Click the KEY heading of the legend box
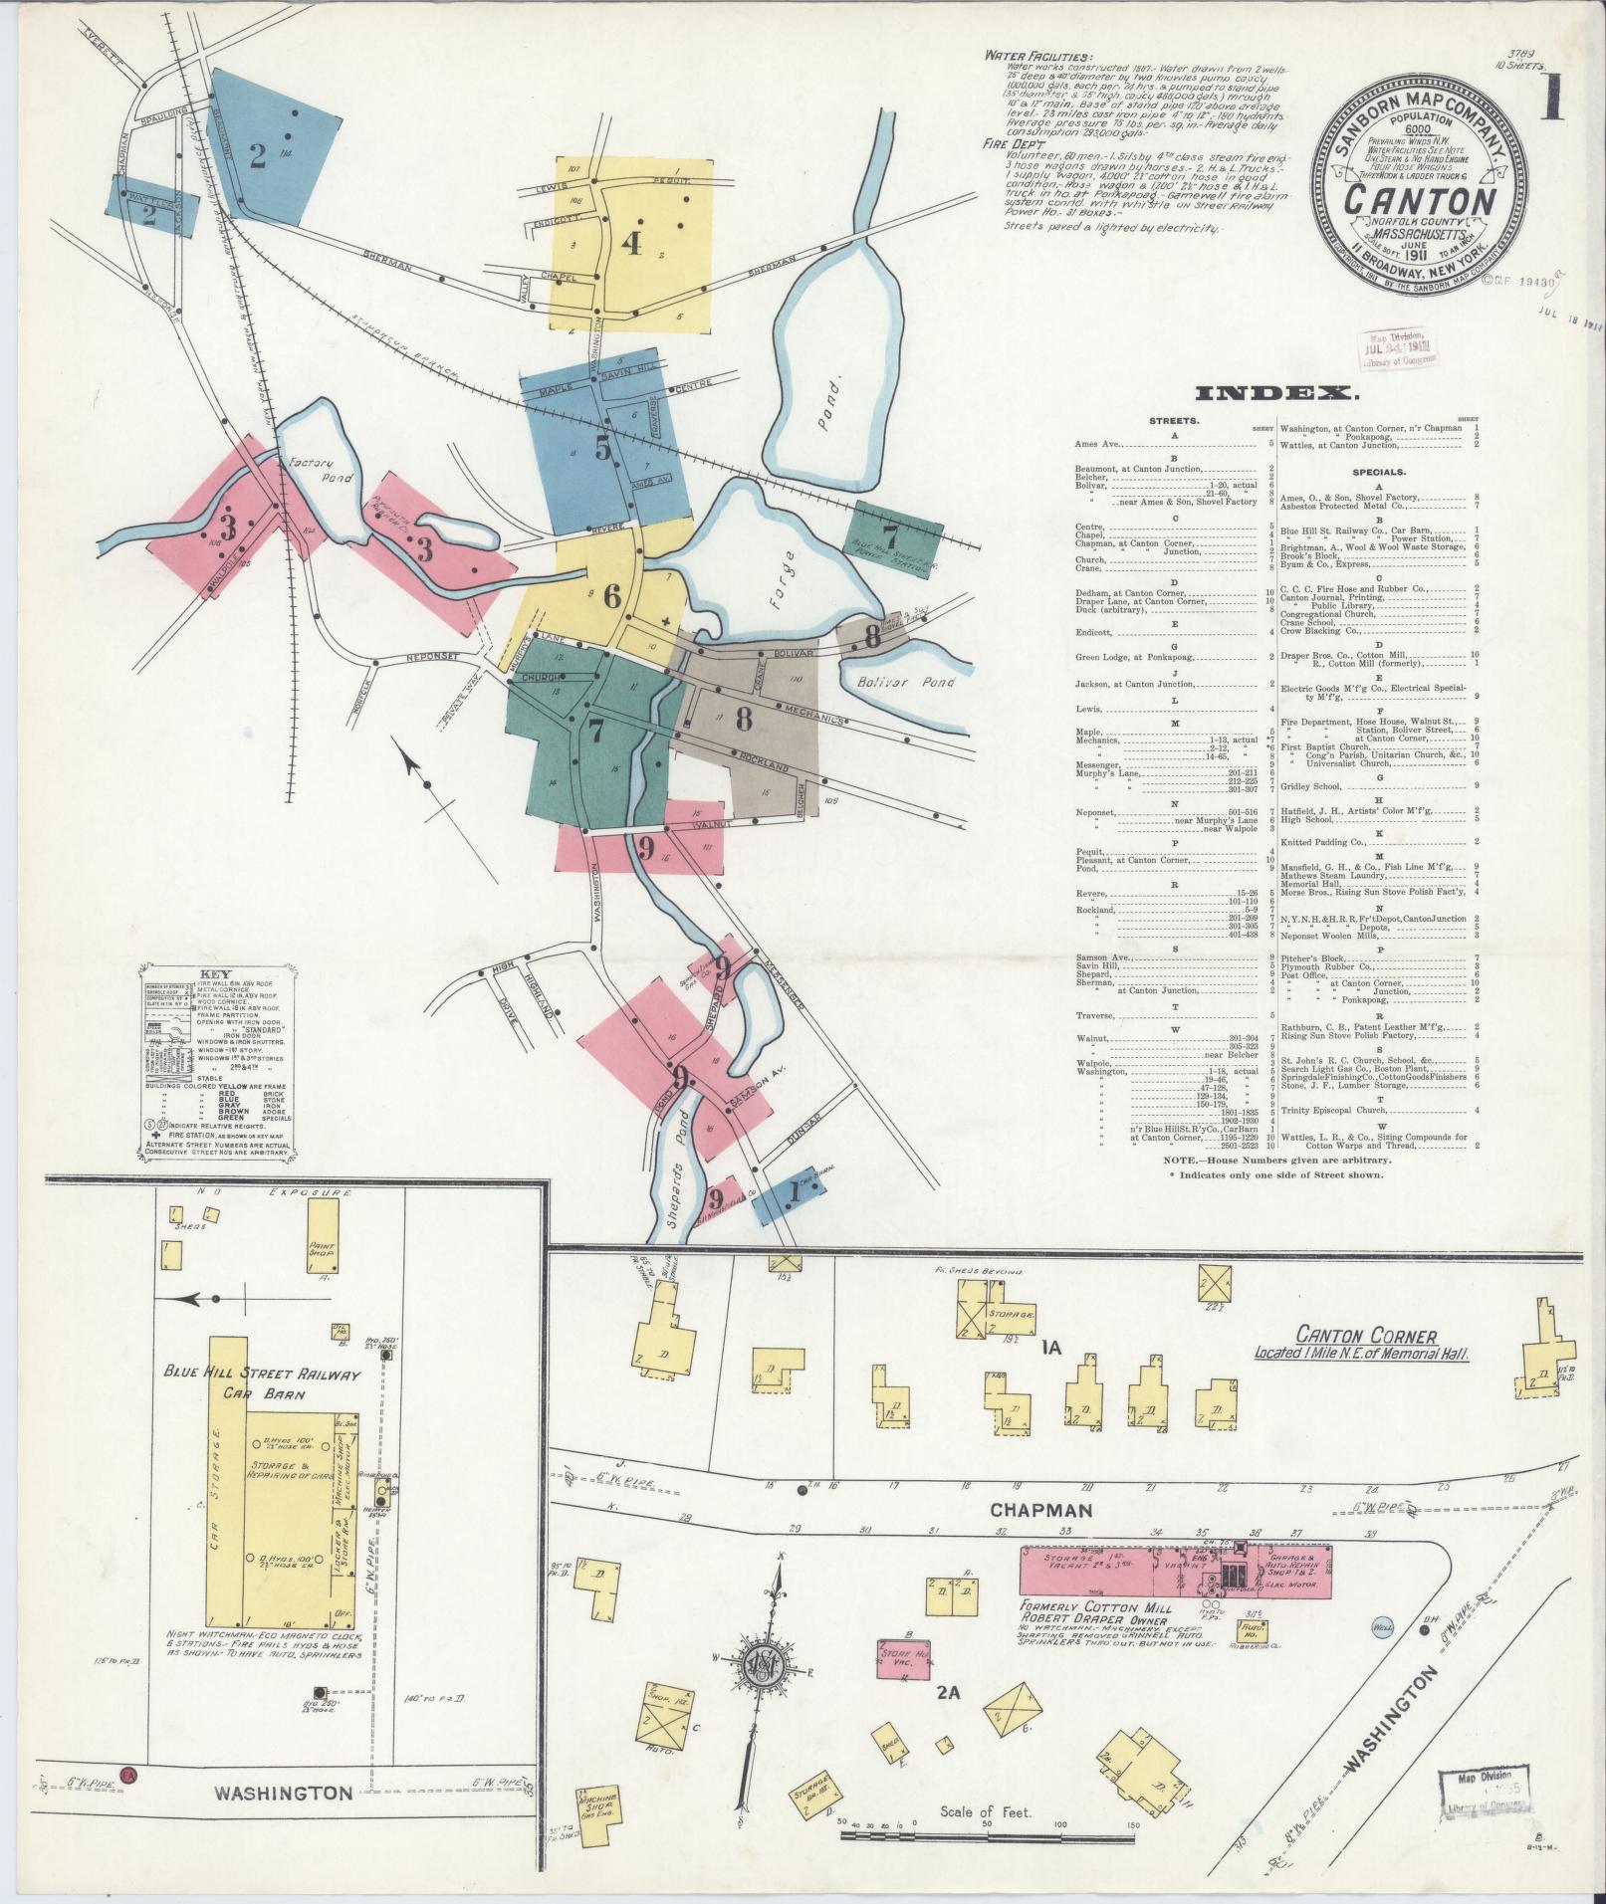tap(215, 975)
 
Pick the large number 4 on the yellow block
tap(631, 243)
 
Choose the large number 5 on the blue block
tap(602, 449)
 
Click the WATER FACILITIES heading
tap(1036, 57)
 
